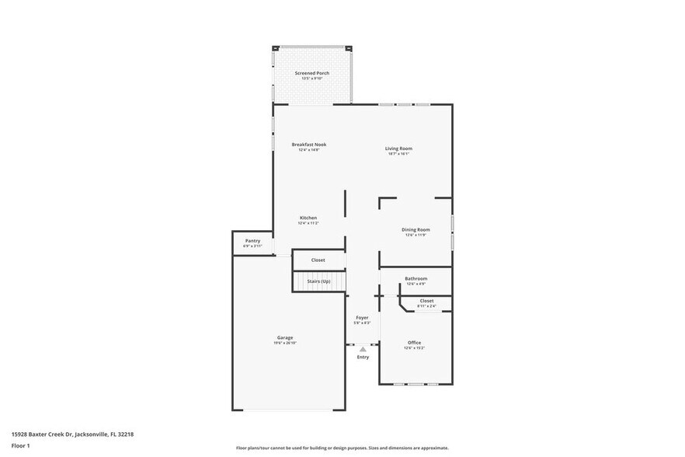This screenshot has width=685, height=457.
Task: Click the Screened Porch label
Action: (x=311, y=73)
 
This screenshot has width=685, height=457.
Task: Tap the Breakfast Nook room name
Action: (x=308, y=145)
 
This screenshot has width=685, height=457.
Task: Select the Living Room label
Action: (x=398, y=148)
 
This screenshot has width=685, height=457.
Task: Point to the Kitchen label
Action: (x=308, y=218)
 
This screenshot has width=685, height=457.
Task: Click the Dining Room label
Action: (x=416, y=229)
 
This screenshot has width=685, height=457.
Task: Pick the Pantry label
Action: (x=252, y=241)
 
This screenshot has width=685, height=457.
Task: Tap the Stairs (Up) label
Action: (x=318, y=281)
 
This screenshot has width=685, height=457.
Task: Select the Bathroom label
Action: (x=416, y=278)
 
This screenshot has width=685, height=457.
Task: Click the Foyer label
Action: (x=362, y=317)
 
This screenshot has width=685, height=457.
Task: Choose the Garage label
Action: (x=285, y=337)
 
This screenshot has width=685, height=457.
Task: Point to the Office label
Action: (x=414, y=343)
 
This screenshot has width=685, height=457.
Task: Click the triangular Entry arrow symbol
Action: (x=363, y=350)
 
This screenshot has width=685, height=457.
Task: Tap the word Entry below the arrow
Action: (x=363, y=357)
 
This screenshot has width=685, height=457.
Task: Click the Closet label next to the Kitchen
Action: (x=318, y=260)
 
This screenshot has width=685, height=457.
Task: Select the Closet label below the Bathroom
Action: (x=426, y=301)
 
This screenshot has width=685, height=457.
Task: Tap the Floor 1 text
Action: (x=20, y=445)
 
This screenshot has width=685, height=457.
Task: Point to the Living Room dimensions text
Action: (x=398, y=154)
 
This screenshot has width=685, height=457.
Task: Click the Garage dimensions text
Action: (x=285, y=343)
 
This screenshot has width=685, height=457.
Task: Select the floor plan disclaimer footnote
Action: (x=342, y=448)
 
